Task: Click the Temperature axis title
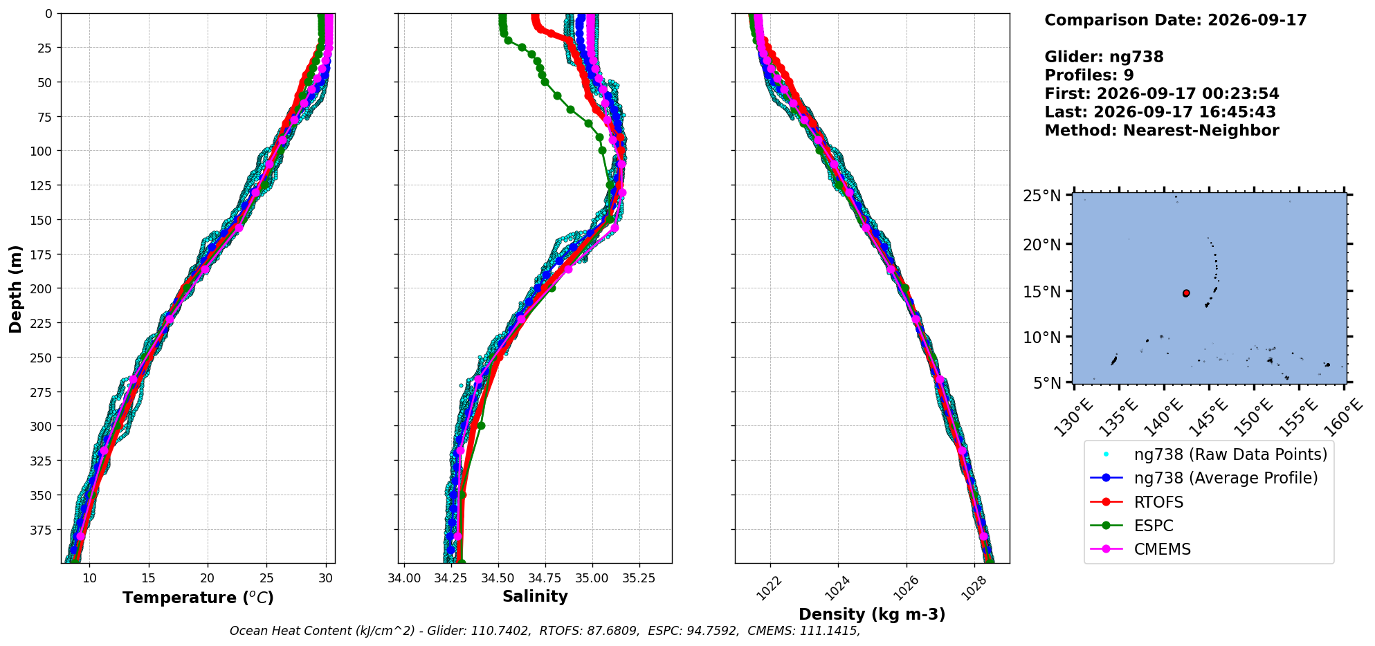pos(198,598)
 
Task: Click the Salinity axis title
pos(535,596)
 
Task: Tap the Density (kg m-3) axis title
pos(872,614)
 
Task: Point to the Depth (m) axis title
pos(15,288)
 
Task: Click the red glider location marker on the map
pos(1186,293)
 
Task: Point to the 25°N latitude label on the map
pos(1041,196)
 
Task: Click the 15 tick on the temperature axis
pos(148,578)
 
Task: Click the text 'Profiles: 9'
pos(1089,75)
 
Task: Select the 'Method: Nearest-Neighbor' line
pos(1162,130)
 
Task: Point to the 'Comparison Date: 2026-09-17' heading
pos(1176,20)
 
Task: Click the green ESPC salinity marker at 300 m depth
pos(481,426)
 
